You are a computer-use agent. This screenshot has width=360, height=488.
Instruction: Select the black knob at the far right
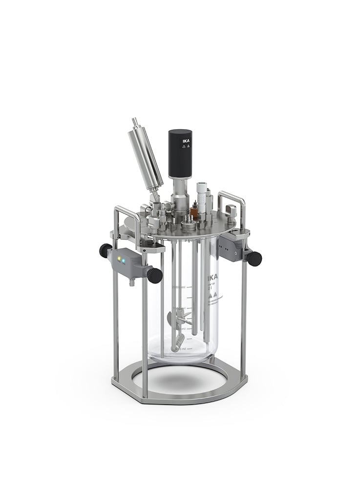click(254, 258)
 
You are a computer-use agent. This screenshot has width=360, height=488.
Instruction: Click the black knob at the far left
click(105, 251)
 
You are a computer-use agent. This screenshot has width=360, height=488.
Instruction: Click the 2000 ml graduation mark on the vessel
click(177, 287)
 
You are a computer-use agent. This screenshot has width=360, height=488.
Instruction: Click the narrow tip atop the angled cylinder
click(135, 123)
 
